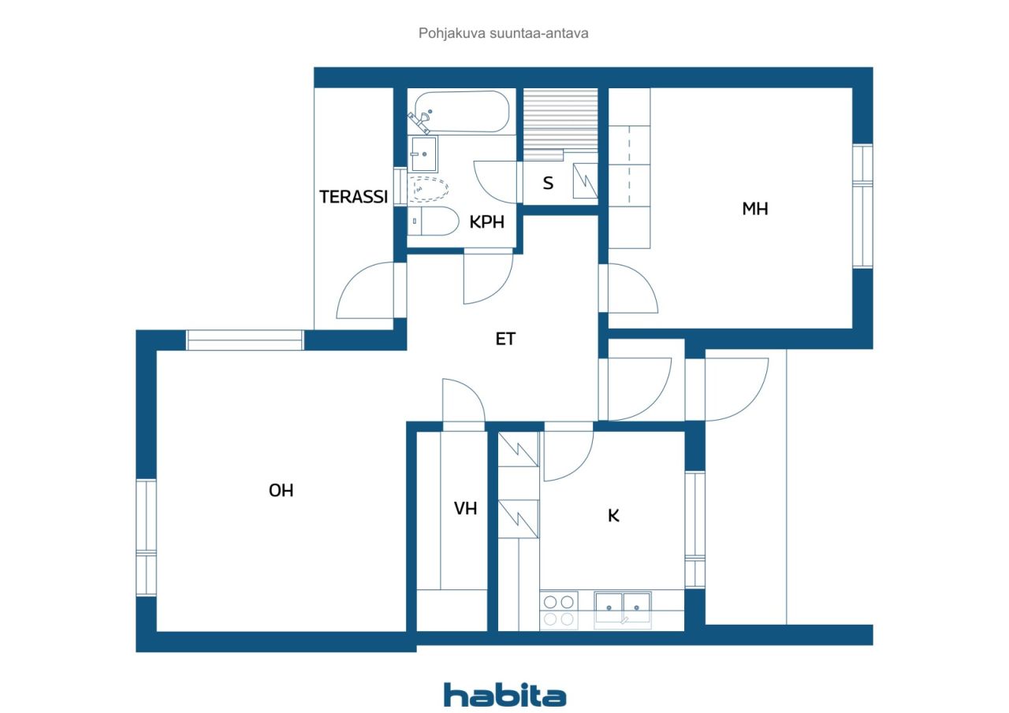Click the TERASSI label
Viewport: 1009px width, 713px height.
(354, 197)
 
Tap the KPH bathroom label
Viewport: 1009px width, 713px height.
(486, 222)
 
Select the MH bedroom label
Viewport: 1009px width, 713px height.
(755, 209)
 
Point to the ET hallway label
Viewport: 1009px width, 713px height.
(505, 339)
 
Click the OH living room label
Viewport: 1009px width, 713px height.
(281, 490)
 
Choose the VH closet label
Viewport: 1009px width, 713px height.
(465, 508)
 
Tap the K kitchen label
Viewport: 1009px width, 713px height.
(613, 515)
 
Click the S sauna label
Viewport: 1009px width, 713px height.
(548, 183)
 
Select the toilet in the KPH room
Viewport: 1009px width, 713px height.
(433, 221)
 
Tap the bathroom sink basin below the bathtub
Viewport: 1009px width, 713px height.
(423, 154)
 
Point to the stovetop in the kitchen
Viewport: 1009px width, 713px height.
(559, 610)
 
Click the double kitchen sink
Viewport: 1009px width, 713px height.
(623, 609)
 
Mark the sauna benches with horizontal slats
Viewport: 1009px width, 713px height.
(560, 124)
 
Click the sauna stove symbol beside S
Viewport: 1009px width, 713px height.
(585, 180)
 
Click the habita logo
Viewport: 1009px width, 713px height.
(505, 695)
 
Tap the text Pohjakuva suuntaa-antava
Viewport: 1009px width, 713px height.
(503, 33)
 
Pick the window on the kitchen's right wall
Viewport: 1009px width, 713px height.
(695, 529)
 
